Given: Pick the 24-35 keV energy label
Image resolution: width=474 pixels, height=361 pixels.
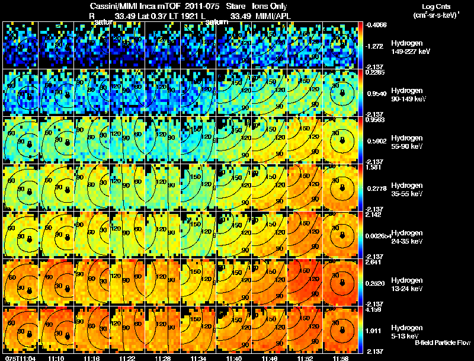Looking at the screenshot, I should tap(408, 241).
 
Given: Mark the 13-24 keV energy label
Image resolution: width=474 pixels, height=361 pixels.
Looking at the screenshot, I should tap(408, 289).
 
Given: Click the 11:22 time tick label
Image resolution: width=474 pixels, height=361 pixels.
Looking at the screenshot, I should tap(127, 358).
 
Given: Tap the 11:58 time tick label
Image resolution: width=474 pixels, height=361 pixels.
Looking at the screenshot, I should tap(341, 358).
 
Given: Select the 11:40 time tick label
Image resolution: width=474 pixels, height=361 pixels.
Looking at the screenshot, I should tap(233, 358).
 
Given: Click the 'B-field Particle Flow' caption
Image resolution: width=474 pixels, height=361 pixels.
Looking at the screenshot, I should tap(442, 343).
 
